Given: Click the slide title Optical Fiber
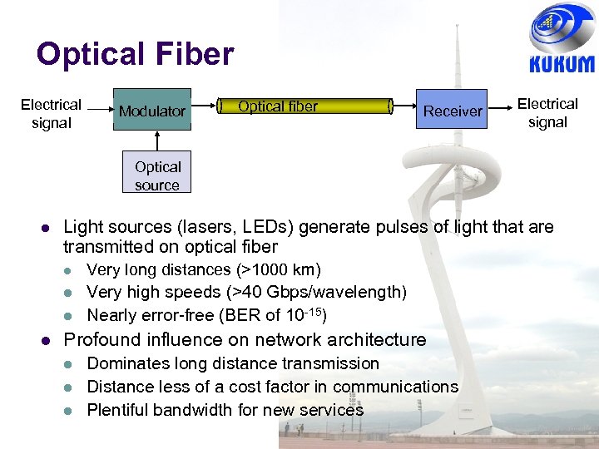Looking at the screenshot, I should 135,55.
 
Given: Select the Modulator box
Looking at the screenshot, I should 152,111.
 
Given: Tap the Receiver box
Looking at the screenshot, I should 453,111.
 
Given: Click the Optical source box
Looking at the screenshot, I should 157,175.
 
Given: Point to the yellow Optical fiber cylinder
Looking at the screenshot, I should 306,106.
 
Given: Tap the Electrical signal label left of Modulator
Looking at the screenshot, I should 51,114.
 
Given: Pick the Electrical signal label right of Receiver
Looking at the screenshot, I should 547,113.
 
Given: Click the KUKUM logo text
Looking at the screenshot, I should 562,64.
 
